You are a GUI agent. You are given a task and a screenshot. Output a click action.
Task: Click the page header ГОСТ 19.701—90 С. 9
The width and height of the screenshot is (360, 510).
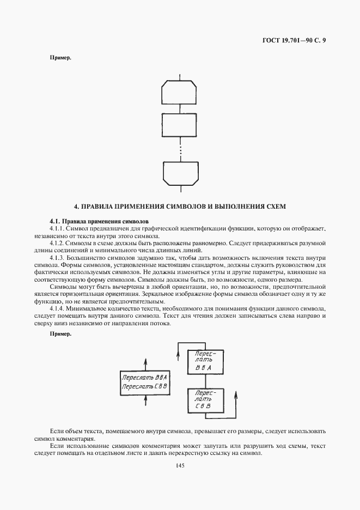[x=295, y=40]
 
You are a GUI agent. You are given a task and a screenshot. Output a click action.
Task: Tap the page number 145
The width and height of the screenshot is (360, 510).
[x=180, y=465]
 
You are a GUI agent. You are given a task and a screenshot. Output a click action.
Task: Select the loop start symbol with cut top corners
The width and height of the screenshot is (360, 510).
[x=180, y=93]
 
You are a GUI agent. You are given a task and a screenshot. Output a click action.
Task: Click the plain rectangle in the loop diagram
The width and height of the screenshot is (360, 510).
[x=180, y=126]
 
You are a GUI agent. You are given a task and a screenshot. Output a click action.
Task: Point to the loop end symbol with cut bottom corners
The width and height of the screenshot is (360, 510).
[x=180, y=173]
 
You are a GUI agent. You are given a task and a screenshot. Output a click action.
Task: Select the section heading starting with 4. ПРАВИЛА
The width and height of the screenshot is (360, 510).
[x=180, y=207]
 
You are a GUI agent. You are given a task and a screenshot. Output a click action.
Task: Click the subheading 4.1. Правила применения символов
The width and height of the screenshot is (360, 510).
[x=99, y=222]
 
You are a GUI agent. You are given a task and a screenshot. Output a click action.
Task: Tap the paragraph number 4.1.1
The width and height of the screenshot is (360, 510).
[x=58, y=229]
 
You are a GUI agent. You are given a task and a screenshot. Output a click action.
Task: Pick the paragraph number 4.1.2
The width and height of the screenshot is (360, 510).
[x=58, y=243]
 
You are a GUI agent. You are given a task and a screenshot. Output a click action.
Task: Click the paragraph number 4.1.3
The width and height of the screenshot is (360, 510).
[x=58, y=257]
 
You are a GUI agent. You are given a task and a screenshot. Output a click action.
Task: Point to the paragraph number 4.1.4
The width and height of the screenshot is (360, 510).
[x=58, y=308]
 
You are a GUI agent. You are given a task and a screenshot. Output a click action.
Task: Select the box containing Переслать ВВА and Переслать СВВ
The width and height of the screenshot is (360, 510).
[x=145, y=381]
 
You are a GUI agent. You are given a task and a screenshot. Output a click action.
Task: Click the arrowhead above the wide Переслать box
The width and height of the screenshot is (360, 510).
[x=145, y=361]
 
